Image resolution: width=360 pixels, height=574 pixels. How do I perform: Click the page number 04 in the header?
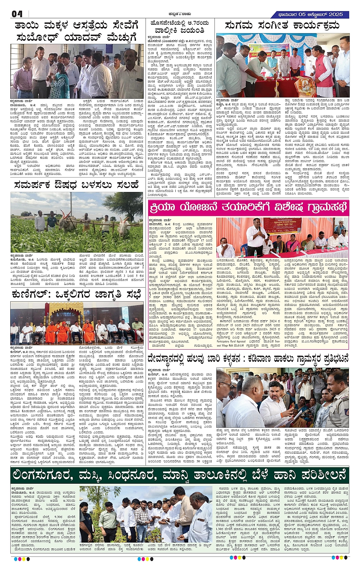(x=17, y=14)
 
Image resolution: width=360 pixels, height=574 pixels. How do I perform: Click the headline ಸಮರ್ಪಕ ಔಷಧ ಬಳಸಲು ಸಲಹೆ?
(x=76, y=185)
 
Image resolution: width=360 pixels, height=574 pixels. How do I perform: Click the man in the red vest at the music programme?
(x=319, y=70)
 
